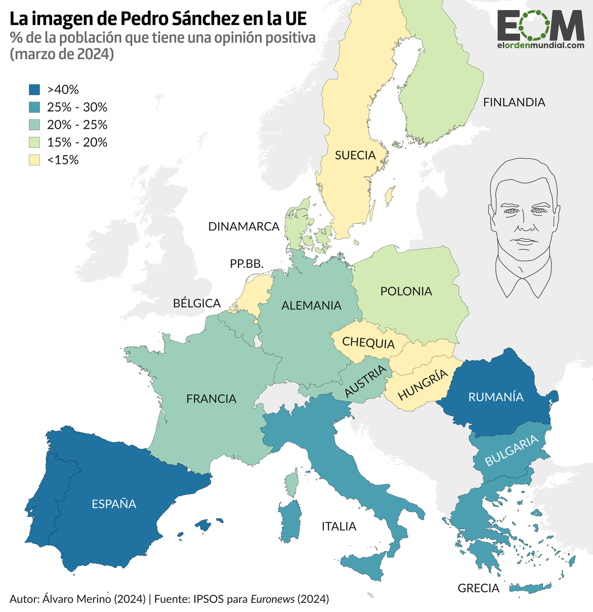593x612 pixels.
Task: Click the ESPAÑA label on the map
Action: coord(114,504)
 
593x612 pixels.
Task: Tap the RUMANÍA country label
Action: coord(496,397)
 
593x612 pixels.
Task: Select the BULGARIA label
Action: coord(511,450)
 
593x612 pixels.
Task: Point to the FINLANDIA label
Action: coord(514,102)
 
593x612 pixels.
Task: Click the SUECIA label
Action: coord(355,155)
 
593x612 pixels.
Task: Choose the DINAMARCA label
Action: coord(244,226)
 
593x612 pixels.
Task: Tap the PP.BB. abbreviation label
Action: coord(247,264)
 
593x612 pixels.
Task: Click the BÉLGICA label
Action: coord(197,303)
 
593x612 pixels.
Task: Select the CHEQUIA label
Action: coord(368,342)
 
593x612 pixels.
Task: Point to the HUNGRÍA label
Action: coord(423,385)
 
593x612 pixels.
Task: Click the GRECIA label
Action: coord(479,588)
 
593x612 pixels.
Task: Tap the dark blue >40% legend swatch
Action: coord(34,89)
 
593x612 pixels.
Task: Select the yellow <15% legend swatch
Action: coord(34,160)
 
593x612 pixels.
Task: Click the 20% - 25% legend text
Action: coord(77,125)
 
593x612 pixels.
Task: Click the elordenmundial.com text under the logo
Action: coord(541,46)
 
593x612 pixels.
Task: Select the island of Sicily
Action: coord(365,565)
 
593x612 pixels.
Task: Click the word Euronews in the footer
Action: coord(272,599)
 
